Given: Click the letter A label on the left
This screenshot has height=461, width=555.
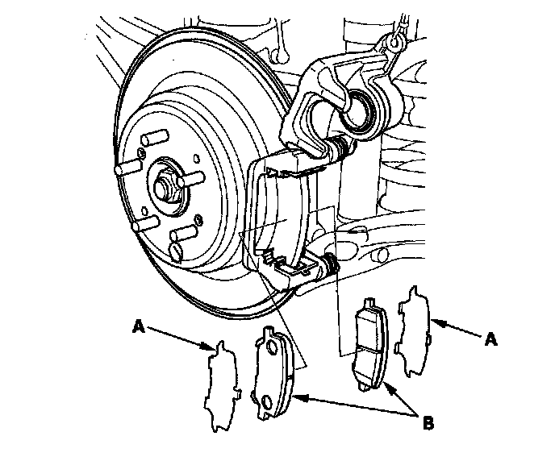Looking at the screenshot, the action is click(139, 326).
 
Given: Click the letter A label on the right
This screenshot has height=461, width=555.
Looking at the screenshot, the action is click(491, 339).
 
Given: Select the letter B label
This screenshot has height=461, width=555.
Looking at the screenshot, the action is click(428, 422).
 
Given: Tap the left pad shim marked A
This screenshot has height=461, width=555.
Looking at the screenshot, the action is click(223, 385).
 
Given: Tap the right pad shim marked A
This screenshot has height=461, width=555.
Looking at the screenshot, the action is click(413, 331).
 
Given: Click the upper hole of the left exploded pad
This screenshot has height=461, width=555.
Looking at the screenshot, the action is click(272, 347).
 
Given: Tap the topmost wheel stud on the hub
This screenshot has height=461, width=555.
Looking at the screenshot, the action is click(155, 138).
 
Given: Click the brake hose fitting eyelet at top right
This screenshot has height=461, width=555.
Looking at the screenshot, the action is click(394, 42).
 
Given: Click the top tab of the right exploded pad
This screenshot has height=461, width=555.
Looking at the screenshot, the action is click(369, 301).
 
